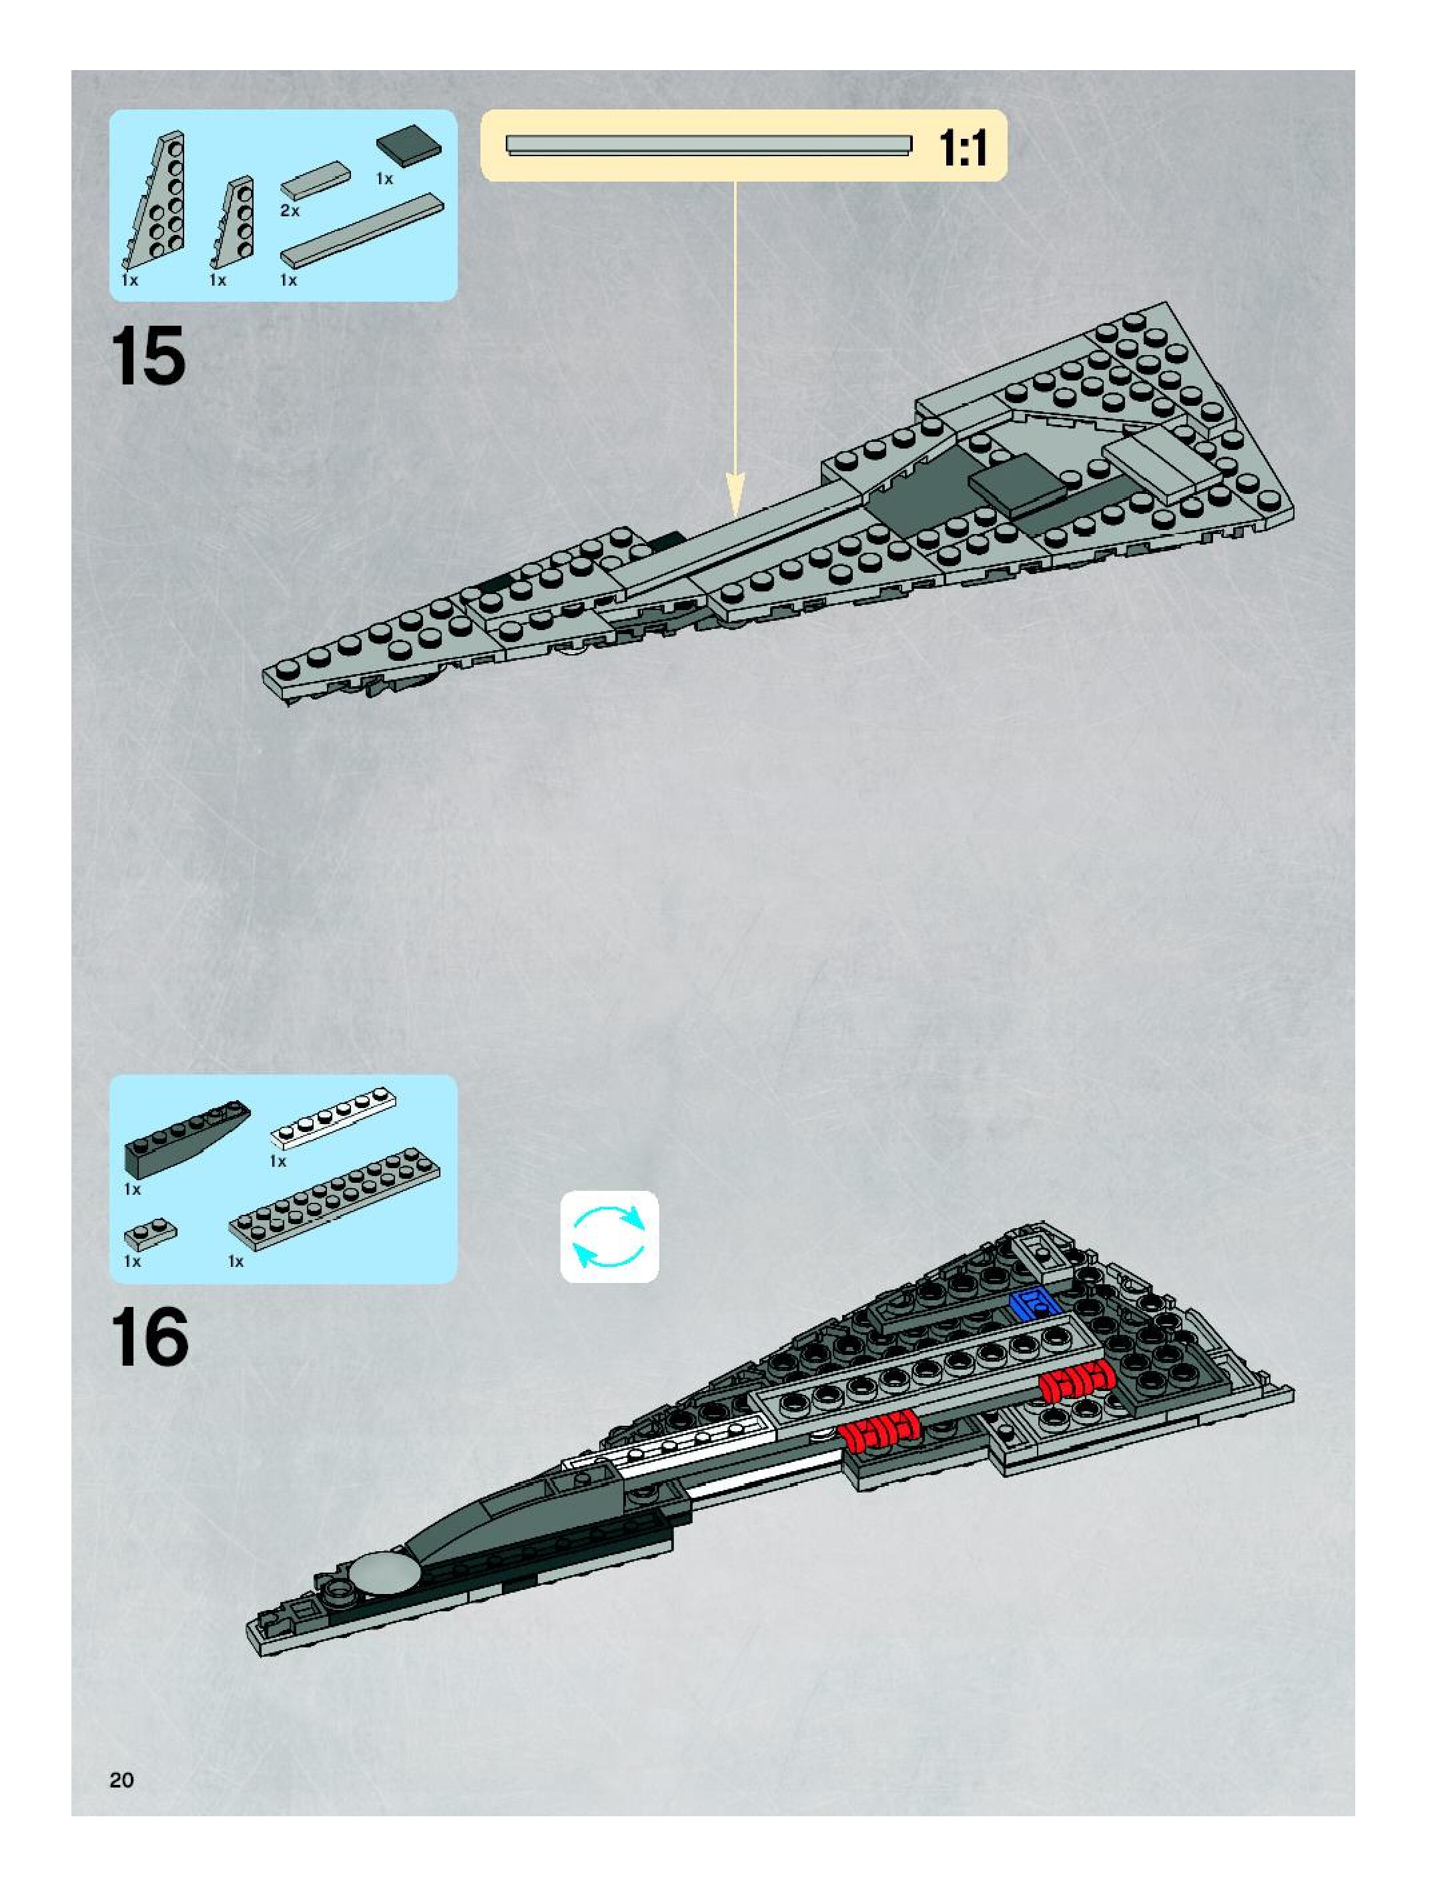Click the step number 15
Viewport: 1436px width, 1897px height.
pyautogui.click(x=147, y=356)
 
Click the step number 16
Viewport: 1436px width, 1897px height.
pyautogui.click(x=149, y=1338)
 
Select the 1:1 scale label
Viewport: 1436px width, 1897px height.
pyautogui.click(x=963, y=148)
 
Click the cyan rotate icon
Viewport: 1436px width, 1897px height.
pyautogui.click(x=609, y=1237)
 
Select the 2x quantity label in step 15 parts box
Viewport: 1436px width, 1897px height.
pyautogui.click(x=290, y=211)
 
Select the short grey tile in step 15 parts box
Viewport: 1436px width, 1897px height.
pyautogui.click(x=316, y=178)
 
